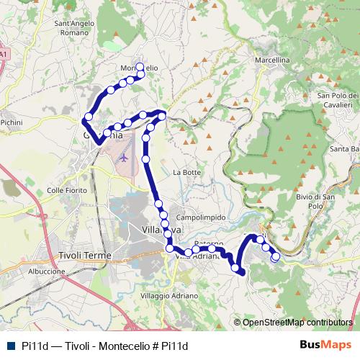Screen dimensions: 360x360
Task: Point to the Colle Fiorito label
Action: (66, 190)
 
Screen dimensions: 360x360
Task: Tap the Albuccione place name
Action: (48, 271)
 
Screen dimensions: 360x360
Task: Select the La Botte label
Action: (186, 172)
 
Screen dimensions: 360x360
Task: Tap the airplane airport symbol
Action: (124, 156)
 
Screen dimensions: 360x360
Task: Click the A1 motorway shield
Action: (4, 54)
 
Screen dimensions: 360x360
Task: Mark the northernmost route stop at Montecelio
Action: (140, 63)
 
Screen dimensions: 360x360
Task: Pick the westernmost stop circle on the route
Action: (89, 117)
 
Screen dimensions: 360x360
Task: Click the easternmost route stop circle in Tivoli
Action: (276, 256)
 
